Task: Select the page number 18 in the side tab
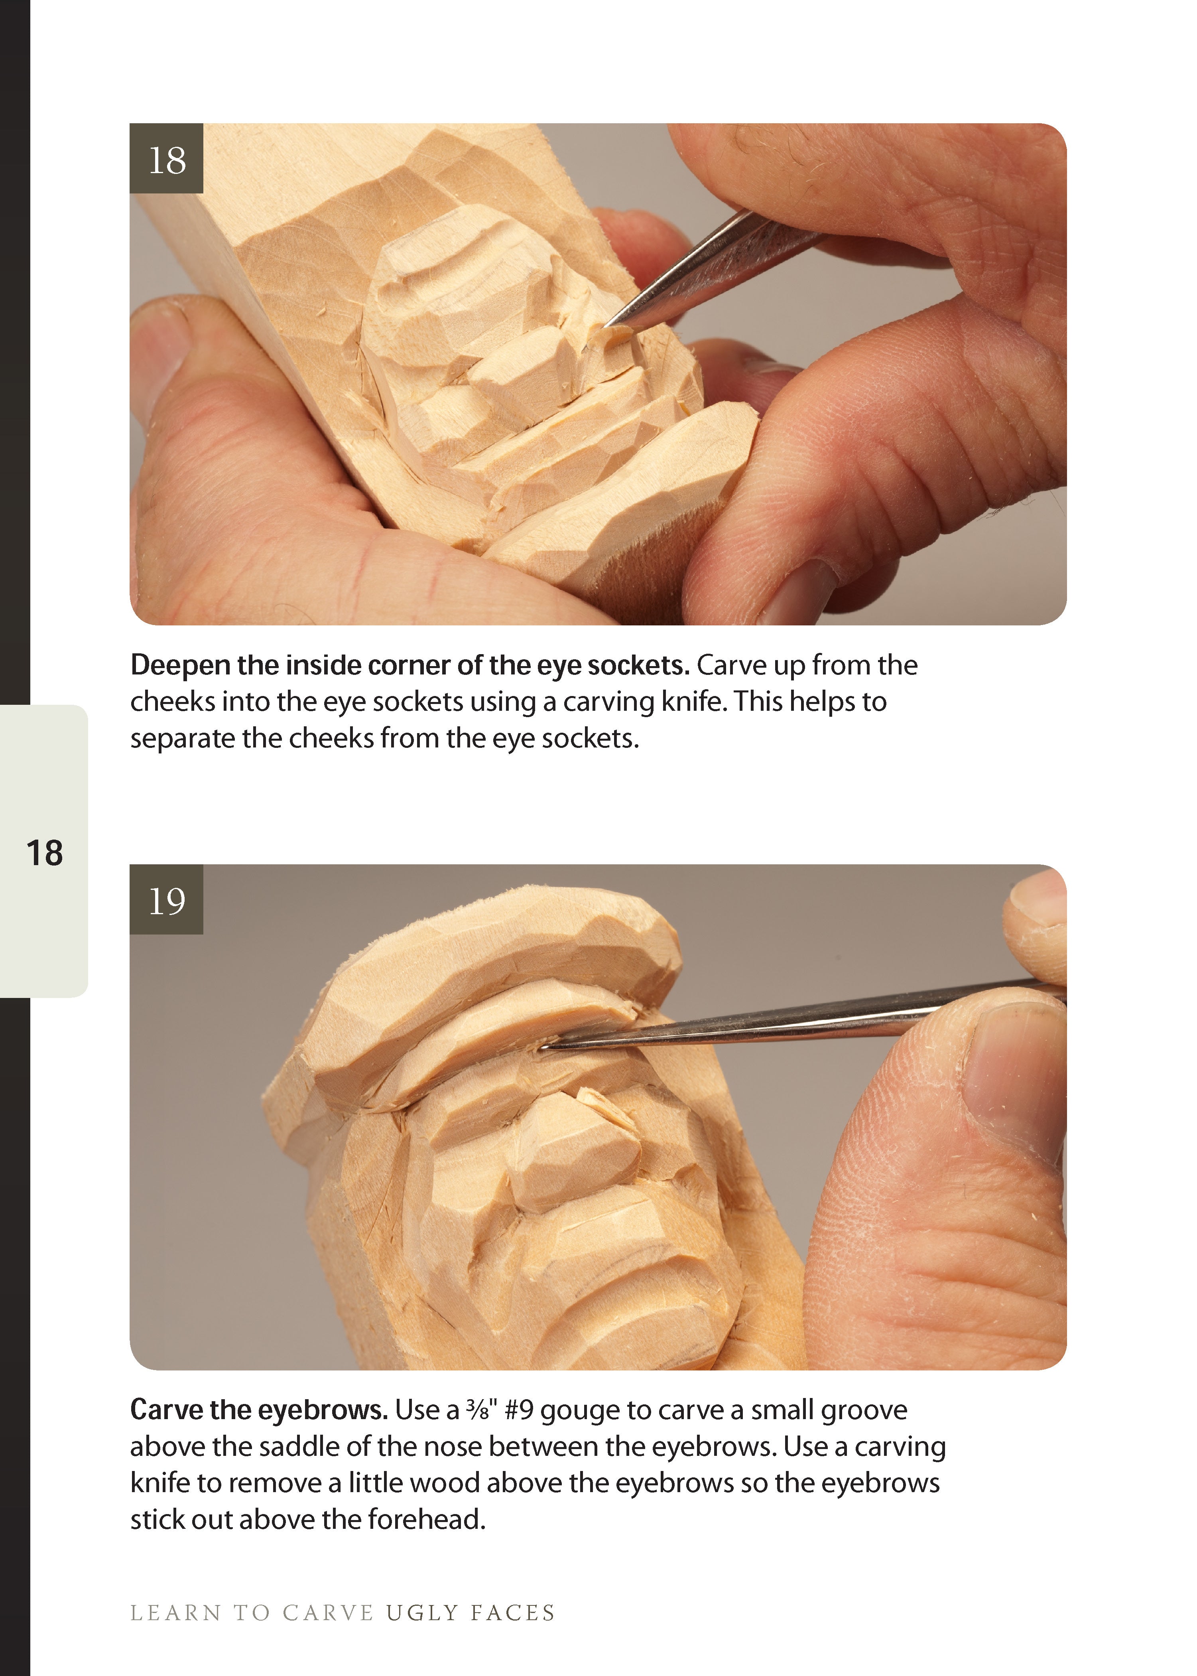[x=44, y=853]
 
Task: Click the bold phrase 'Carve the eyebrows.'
[x=259, y=1410]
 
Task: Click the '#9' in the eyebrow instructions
[x=520, y=1410]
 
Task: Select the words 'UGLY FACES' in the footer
[x=470, y=1613]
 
